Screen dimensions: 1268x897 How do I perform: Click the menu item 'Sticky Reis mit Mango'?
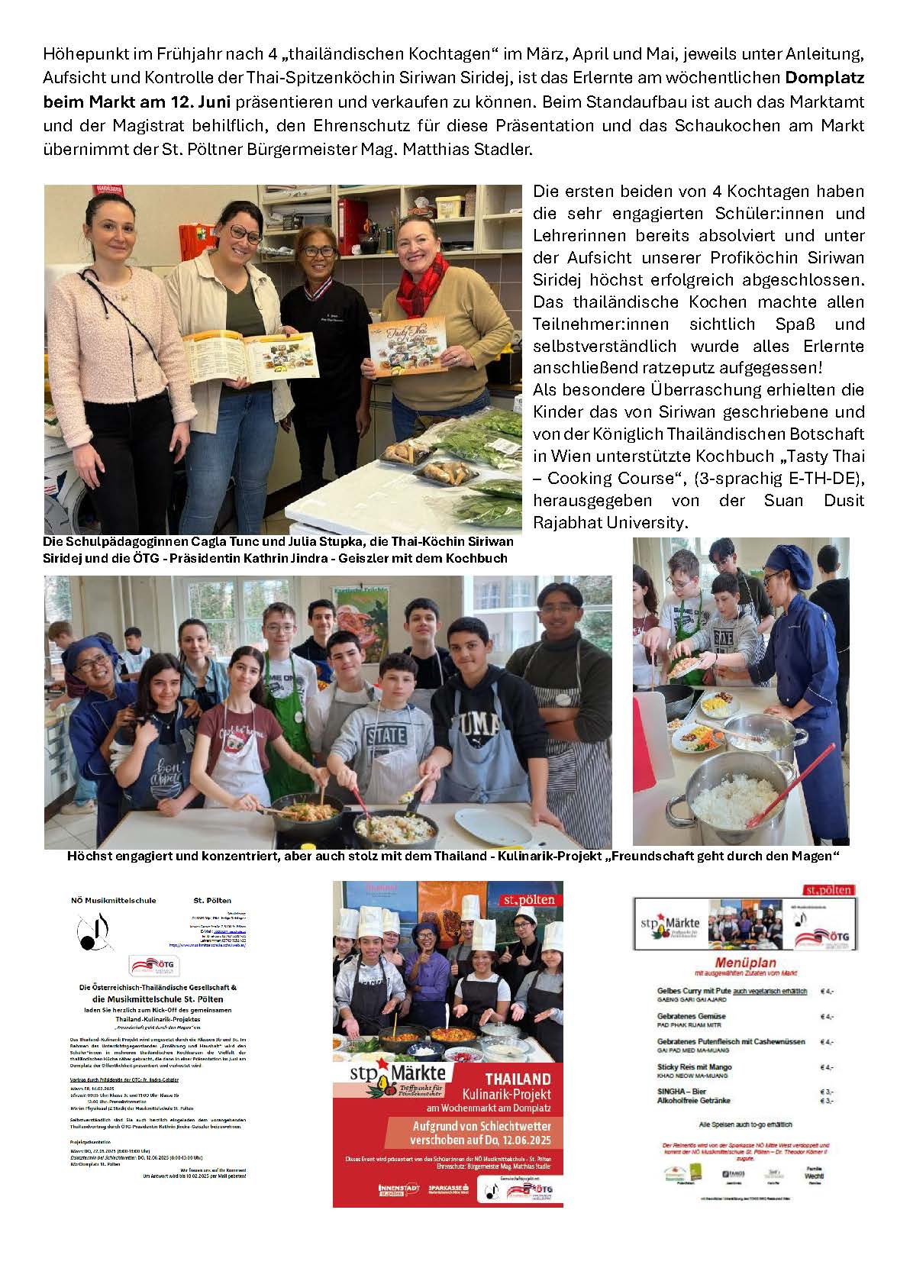[694, 1066]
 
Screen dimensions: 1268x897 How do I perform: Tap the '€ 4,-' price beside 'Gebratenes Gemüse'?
[826, 1017]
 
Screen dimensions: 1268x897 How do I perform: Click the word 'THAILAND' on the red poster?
[518, 1079]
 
